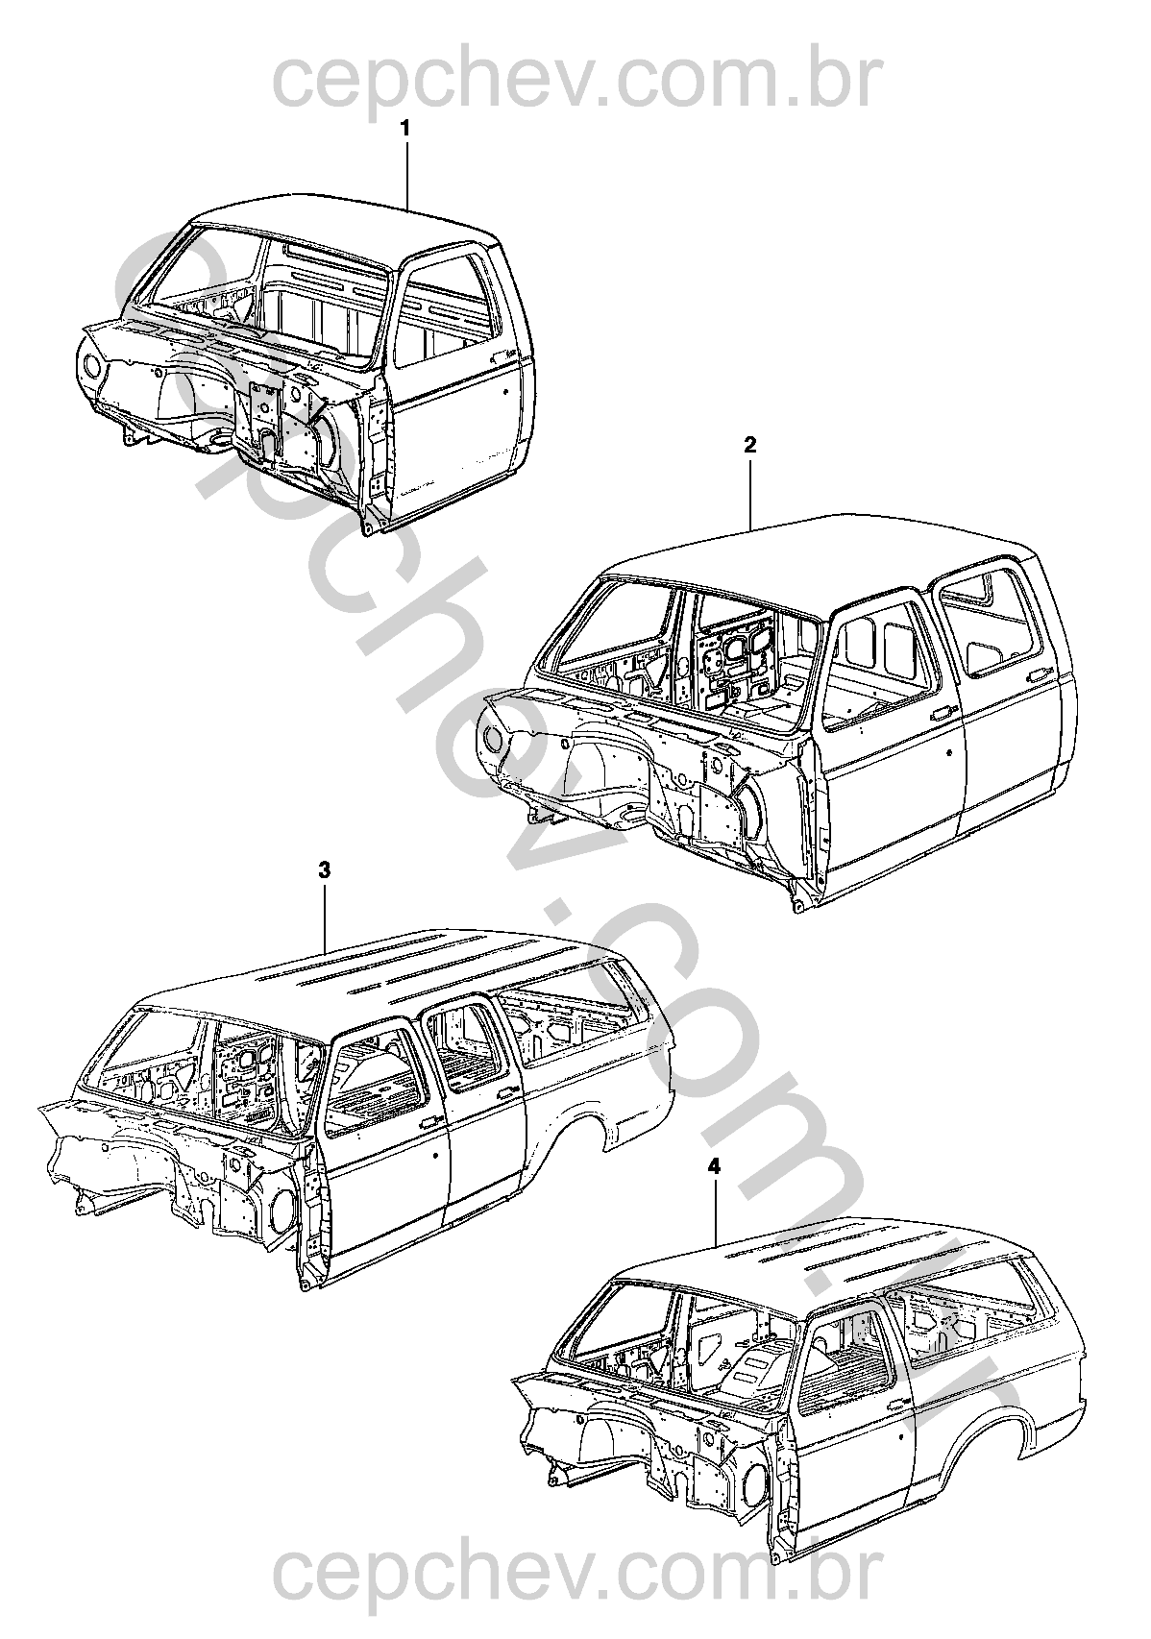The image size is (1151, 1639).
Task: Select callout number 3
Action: (325, 870)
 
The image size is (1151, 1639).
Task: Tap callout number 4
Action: (713, 1166)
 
